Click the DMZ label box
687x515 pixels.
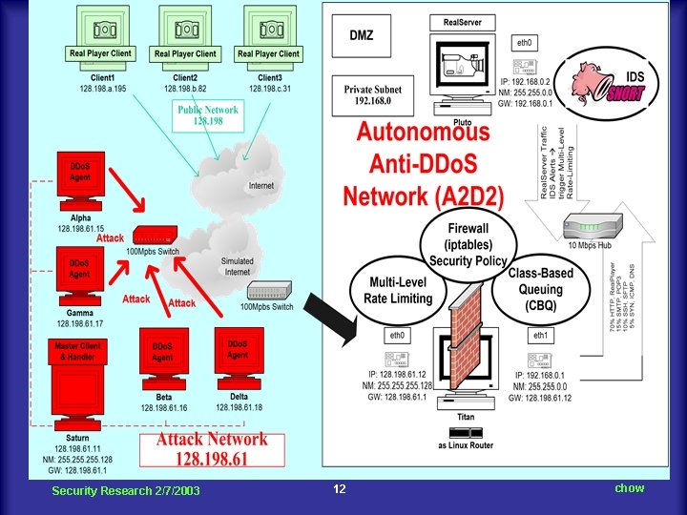[x=362, y=36]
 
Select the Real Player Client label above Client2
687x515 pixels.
[x=185, y=54]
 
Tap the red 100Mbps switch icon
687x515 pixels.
[x=154, y=236]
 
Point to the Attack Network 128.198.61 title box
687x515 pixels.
[x=212, y=447]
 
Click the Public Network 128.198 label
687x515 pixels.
[x=208, y=115]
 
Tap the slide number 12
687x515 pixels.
[x=339, y=489]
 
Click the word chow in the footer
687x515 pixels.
[x=629, y=488]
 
